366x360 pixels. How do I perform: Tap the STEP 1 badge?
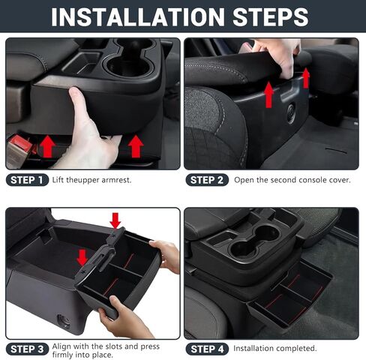click(27, 180)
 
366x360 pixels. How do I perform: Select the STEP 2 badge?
click(206, 180)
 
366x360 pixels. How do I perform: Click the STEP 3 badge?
click(27, 349)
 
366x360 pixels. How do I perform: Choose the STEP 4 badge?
click(206, 349)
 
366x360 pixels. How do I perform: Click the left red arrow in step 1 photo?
click(46, 145)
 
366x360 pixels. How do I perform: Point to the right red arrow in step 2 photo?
click(306, 76)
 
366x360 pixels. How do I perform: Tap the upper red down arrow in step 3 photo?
click(115, 220)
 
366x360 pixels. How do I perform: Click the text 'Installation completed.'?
click(275, 349)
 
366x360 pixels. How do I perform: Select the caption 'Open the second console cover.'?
click(292, 180)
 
